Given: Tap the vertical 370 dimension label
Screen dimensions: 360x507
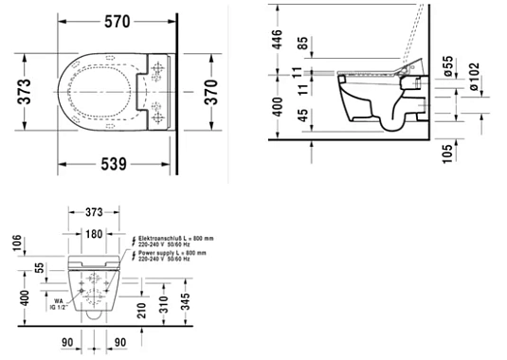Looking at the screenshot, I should pyautogui.click(x=213, y=91).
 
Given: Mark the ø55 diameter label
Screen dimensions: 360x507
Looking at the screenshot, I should pyautogui.click(x=448, y=67).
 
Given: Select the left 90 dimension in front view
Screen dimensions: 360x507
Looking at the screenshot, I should pyautogui.click(x=67, y=343).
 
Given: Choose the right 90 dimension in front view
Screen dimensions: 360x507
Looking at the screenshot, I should pyautogui.click(x=118, y=343).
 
